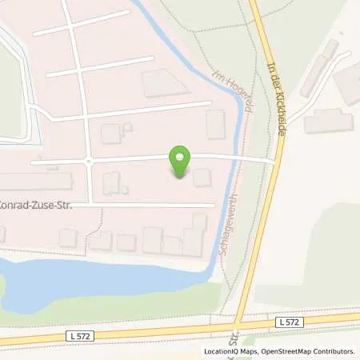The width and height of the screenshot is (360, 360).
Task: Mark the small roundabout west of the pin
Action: [x=88, y=161]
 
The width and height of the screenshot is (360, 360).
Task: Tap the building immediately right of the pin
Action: [x=202, y=178]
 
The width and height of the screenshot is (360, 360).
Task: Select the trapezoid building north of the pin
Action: [x=160, y=82]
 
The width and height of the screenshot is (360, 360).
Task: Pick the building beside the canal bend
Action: [x=215, y=124]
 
